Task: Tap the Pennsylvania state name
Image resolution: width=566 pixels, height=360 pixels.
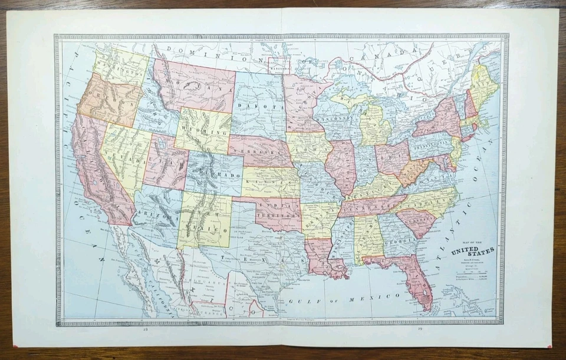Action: coord(430,143)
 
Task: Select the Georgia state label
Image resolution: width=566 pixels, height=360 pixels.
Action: coord(392,240)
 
